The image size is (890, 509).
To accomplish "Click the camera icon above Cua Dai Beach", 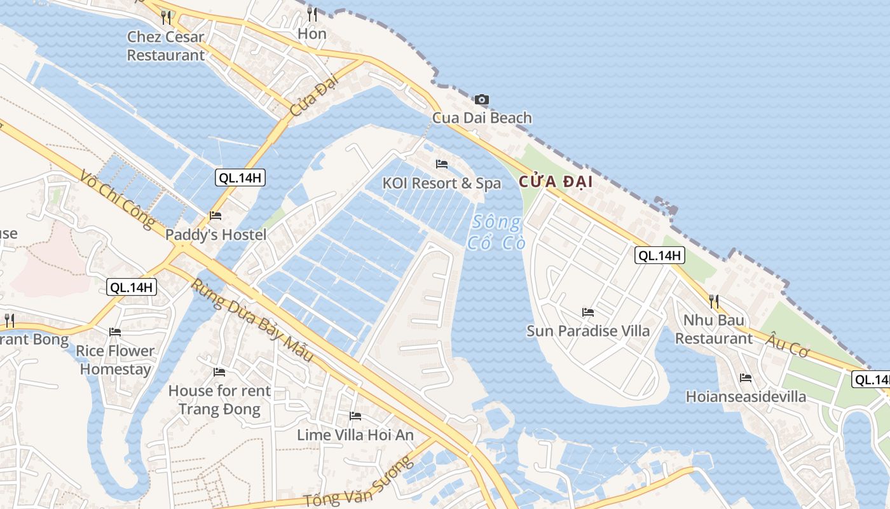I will pyautogui.click(x=482, y=99).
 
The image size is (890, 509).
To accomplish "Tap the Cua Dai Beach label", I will pyautogui.click(x=482, y=118).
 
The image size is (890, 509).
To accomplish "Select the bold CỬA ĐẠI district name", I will pyautogui.click(x=556, y=182).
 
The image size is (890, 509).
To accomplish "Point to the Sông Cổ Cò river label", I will pyautogui.click(x=496, y=232).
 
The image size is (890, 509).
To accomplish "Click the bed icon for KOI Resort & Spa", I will pyautogui.click(x=442, y=164).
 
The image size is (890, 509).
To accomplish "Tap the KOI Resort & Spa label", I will pyautogui.click(x=442, y=183).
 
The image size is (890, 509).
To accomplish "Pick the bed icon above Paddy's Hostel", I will pyautogui.click(x=216, y=216).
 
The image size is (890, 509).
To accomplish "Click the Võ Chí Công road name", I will pyautogui.click(x=118, y=199).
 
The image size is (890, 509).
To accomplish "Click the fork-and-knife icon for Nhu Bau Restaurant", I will pyautogui.click(x=714, y=300).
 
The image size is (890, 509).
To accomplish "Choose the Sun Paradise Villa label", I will pyautogui.click(x=588, y=331).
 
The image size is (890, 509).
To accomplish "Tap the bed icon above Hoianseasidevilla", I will pyautogui.click(x=746, y=378).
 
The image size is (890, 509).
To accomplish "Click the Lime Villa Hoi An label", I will pyautogui.click(x=355, y=435).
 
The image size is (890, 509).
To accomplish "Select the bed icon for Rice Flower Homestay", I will pyautogui.click(x=115, y=332).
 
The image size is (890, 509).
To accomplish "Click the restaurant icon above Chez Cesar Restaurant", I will pyautogui.click(x=166, y=17).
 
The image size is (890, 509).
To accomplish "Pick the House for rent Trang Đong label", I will pyautogui.click(x=219, y=400).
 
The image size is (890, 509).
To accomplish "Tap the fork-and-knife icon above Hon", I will pyautogui.click(x=312, y=14).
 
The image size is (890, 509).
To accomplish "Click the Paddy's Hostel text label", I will pyautogui.click(x=216, y=235).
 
